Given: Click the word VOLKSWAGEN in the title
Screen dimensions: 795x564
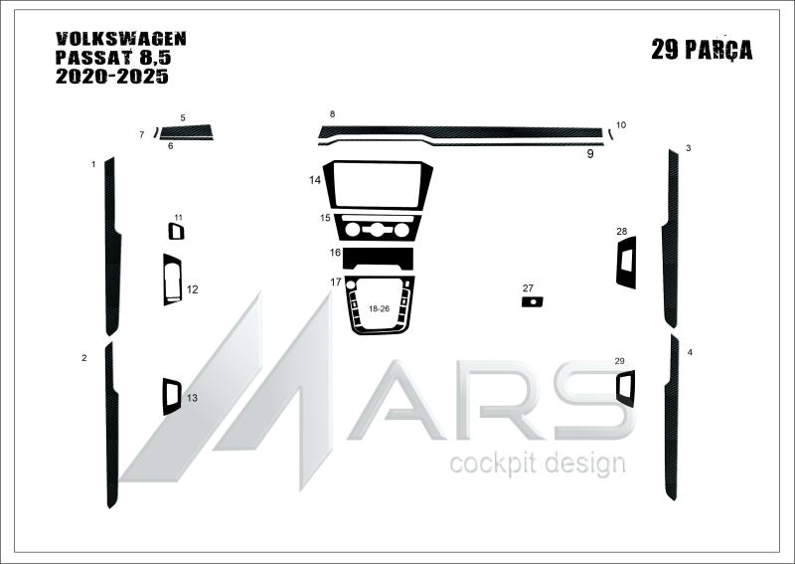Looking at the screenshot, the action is point(120,39).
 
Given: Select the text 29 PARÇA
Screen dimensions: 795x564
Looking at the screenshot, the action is point(702,50).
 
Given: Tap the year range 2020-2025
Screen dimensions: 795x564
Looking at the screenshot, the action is point(111,77).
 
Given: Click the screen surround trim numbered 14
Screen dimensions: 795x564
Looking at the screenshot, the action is point(329,184).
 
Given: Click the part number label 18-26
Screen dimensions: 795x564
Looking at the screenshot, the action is point(379,308).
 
